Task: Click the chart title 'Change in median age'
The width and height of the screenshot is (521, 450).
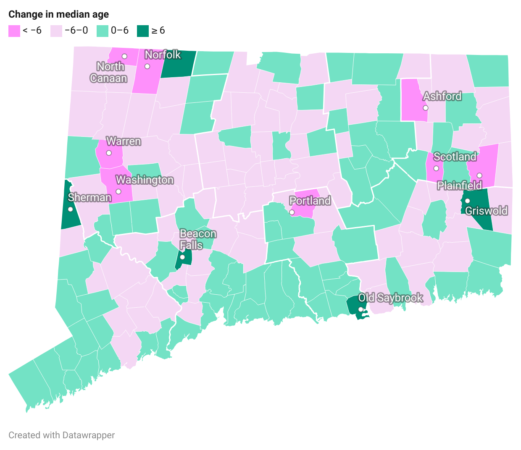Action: coord(58,14)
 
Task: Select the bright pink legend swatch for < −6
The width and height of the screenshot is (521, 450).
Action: coord(14,31)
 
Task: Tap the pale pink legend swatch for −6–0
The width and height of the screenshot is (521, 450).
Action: coord(56,31)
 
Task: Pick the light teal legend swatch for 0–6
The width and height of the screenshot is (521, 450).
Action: coord(103,31)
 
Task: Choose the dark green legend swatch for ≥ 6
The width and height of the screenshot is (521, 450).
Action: coord(143,31)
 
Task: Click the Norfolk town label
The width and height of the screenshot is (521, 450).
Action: coord(163,55)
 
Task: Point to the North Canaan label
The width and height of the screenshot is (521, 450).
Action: coord(108,72)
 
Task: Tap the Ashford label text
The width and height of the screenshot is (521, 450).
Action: coord(442,97)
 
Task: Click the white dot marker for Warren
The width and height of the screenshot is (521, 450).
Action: coord(109,153)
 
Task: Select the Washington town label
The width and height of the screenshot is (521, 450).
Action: coord(145,180)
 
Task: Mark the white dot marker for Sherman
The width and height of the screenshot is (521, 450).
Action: coord(70,209)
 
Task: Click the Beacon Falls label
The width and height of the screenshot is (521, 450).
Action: coord(197,239)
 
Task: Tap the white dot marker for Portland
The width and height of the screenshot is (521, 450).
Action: coord(292,212)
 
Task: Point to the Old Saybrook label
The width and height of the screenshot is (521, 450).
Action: coord(390,298)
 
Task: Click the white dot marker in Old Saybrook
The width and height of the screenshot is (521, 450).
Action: coord(360,309)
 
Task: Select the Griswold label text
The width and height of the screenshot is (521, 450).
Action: coord(486,211)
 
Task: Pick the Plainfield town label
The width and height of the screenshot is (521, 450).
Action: coord(459,186)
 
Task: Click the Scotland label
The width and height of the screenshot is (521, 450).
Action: coord(455,157)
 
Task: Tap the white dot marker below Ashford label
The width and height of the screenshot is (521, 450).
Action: coord(425,108)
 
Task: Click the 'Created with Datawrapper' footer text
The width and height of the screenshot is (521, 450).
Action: coord(61,435)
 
